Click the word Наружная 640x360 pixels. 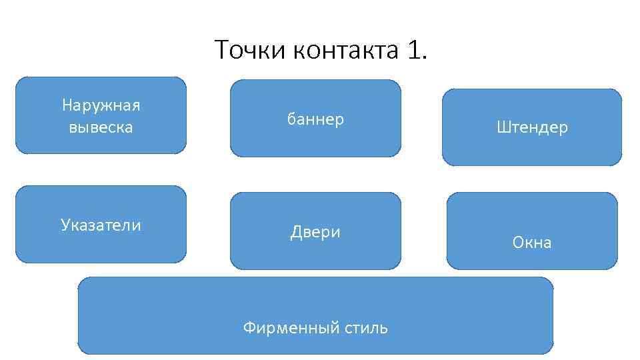click(101, 105)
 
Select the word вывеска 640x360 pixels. click(101, 127)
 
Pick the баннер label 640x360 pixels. click(315, 119)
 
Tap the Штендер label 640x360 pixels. click(532, 127)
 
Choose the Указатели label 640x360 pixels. click(101, 225)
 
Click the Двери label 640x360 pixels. click(315, 232)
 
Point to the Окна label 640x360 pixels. click(532, 243)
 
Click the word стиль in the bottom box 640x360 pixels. click(366, 328)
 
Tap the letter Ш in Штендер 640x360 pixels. click(501, 127)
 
